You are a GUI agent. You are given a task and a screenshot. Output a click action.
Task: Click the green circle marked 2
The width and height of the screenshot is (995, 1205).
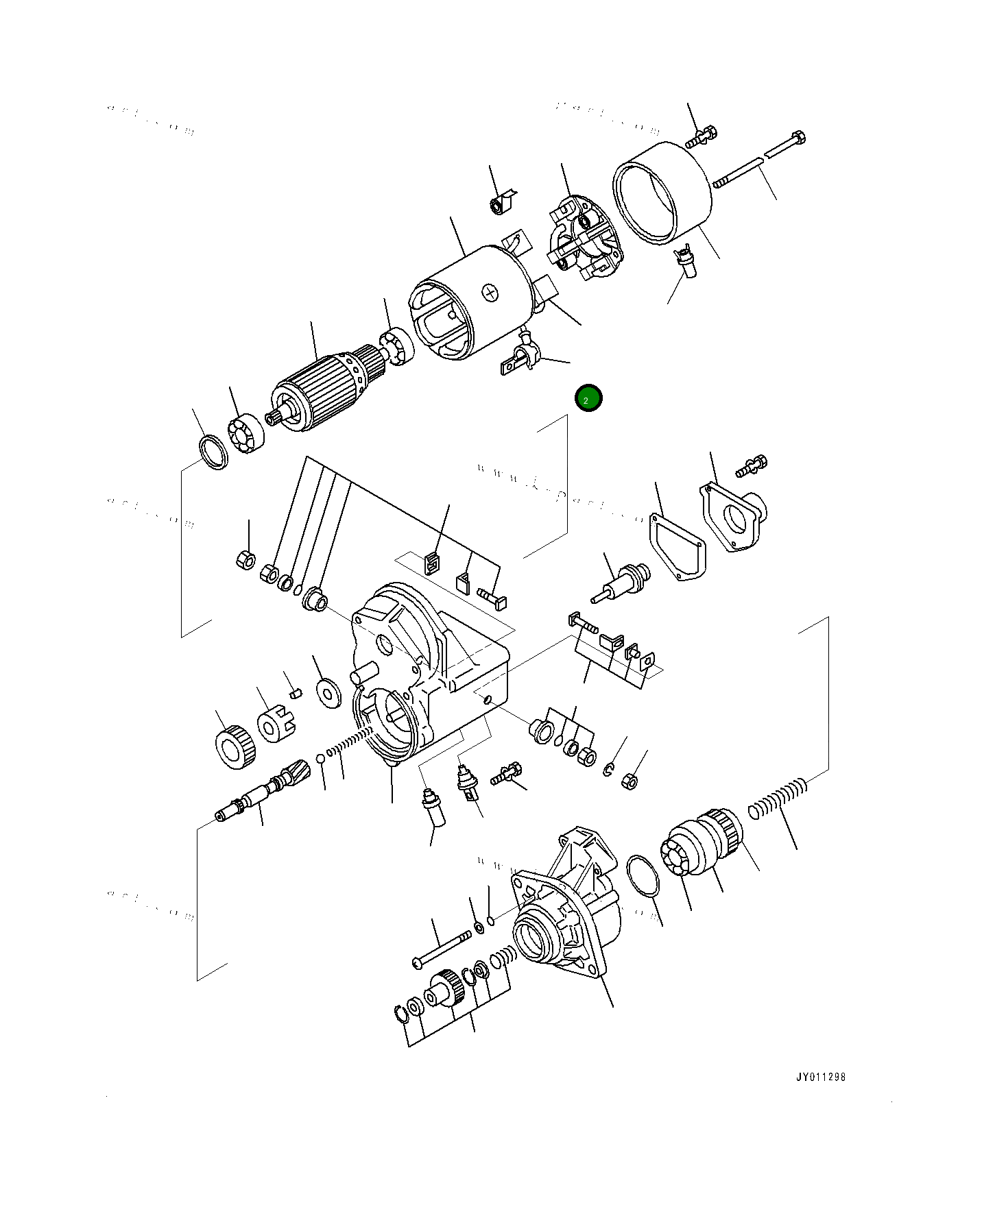click(588, 398)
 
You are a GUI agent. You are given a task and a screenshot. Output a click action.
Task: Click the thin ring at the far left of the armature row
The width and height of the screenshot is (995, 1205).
click(213, 452)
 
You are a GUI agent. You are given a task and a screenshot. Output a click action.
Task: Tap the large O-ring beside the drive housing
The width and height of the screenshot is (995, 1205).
click(643, 875)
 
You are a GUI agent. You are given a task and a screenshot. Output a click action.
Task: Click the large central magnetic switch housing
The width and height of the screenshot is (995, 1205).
click(425, 679)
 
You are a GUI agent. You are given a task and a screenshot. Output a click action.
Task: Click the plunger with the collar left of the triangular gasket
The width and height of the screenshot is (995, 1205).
click(621, 583)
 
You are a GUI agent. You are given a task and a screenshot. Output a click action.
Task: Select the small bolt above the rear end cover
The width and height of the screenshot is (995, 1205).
click(699, 137)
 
